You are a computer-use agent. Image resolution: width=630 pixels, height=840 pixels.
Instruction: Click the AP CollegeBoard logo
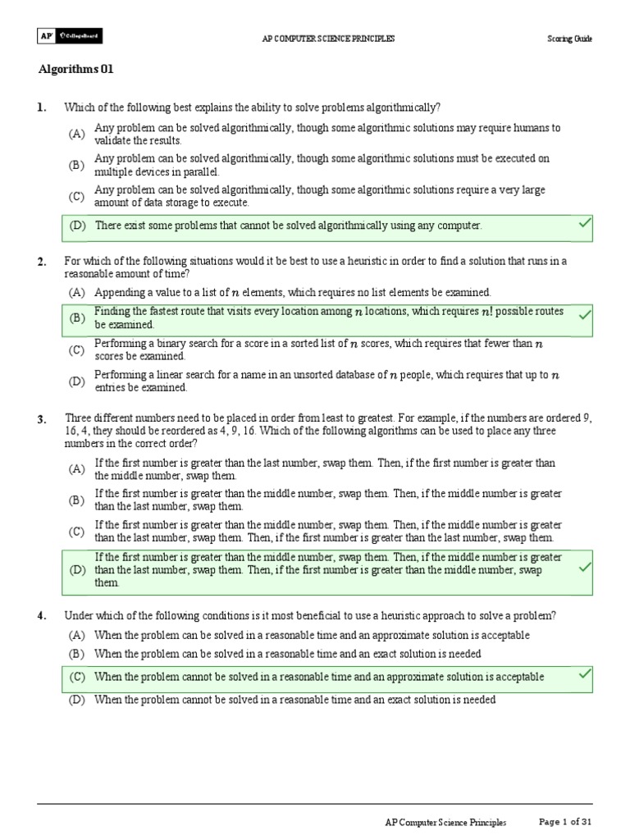(71, 36)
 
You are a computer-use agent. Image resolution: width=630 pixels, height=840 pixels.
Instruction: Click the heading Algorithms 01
(75, 70)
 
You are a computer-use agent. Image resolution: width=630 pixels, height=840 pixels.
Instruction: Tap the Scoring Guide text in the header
(569, 39)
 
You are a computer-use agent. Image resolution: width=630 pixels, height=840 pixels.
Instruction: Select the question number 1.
(41, 108)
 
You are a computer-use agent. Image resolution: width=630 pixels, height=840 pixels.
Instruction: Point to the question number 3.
(41, 420)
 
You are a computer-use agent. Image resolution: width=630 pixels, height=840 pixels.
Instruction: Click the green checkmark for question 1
(585, 224)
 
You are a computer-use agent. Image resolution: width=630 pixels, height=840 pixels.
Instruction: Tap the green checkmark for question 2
(585, 313)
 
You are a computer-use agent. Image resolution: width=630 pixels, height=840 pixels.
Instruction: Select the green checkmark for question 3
(585, 568)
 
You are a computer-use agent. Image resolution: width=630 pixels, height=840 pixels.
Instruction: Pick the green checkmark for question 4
(585, 674)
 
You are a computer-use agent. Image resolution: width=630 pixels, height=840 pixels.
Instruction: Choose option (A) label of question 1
(77, 135)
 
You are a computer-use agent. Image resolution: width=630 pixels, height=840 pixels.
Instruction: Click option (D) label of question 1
(78, 226)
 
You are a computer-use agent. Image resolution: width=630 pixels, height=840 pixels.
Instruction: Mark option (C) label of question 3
(77, 532)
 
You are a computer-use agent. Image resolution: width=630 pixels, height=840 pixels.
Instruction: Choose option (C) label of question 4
(78, 677)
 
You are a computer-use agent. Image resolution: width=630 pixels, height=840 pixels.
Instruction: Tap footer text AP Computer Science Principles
(445, 822)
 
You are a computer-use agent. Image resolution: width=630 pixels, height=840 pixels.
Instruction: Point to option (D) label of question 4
(77, 700)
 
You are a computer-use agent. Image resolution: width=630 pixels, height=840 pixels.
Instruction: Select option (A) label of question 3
(77, 469)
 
